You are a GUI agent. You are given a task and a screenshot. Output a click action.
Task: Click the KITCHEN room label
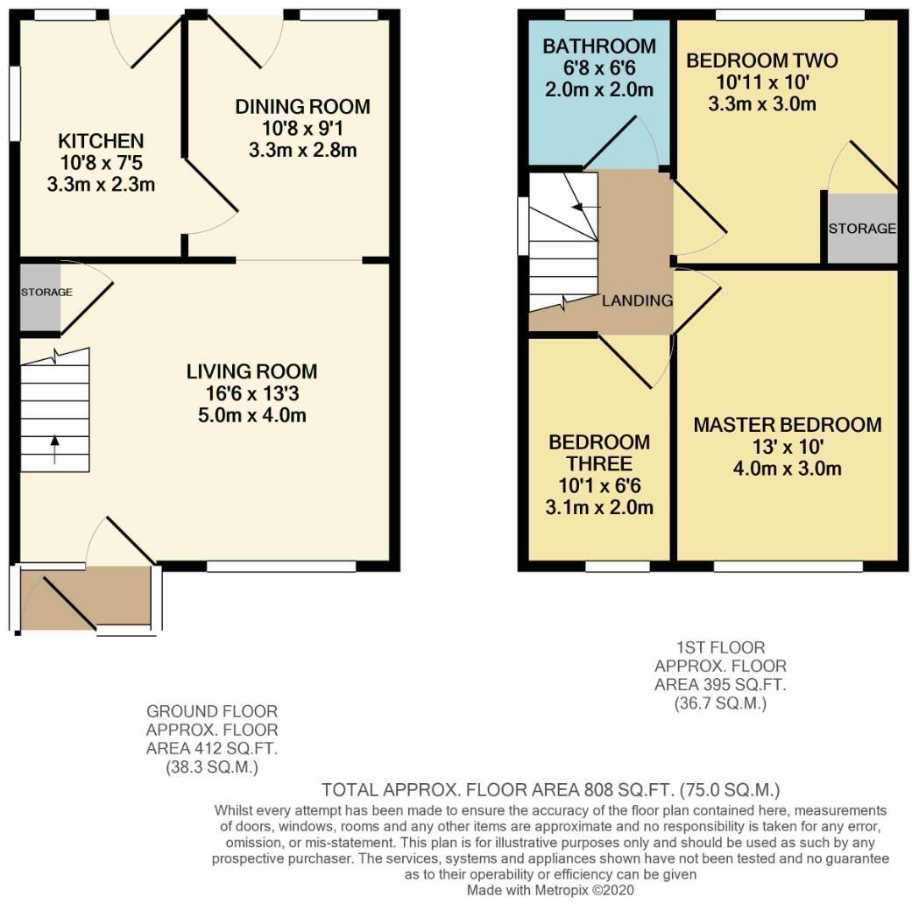101,141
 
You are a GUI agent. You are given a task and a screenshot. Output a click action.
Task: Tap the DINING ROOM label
302,107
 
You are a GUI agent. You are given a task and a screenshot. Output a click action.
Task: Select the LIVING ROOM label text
251,371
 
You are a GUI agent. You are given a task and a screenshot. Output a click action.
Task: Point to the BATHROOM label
598,46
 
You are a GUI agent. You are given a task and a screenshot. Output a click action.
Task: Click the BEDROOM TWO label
761,60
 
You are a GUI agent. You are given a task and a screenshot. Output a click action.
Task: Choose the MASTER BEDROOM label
787,425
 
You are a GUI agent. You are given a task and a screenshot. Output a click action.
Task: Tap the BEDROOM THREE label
599,452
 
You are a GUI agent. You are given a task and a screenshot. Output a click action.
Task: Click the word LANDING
637,300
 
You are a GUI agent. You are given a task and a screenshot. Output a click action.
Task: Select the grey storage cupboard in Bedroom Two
862,229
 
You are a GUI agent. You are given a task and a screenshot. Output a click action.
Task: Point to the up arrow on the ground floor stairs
54,449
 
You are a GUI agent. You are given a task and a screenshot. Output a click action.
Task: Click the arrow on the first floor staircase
581,207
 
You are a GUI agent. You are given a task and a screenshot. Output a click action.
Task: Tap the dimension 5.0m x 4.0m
251,415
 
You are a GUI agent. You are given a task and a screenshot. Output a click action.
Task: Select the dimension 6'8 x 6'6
598,68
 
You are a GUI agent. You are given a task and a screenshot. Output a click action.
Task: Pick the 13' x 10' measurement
787,447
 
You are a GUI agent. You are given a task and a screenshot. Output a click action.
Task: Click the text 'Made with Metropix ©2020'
551,889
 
